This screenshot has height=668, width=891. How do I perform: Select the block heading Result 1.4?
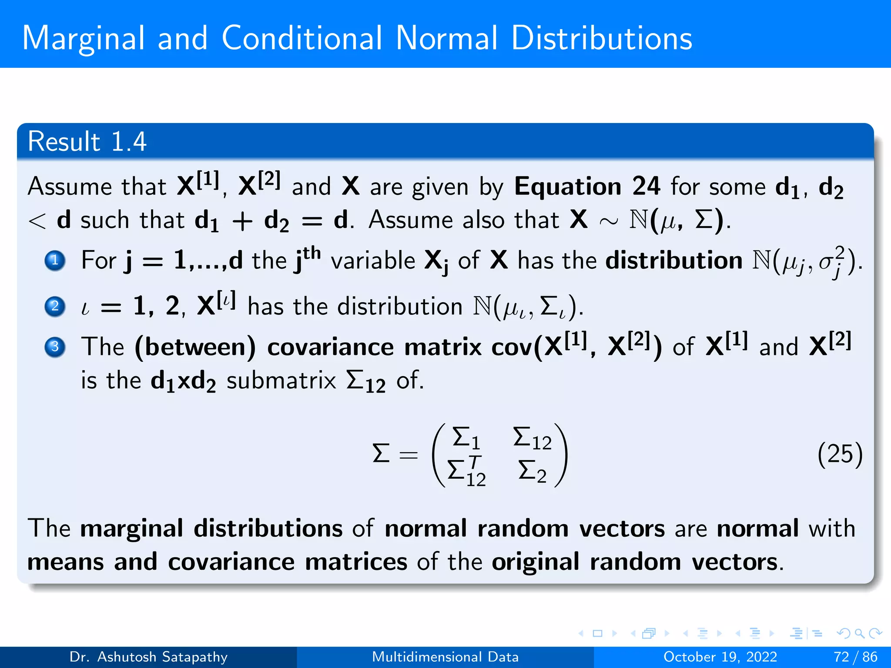click(x=87, y=141)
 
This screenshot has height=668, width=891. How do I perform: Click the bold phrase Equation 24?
click(x=587, y=187)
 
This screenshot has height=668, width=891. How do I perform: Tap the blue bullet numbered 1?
click(x=55, y=261)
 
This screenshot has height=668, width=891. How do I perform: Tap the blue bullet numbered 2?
click(x=55, y=306)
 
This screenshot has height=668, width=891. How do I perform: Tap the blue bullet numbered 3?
click(x=55, y=347)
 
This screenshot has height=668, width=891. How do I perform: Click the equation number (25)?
click(x=840, y=454)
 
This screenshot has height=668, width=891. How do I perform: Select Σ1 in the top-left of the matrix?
click(x=466, y=438)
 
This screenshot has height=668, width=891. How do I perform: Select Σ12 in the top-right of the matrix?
click(x=532, y=438)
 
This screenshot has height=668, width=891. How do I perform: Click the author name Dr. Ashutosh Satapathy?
click(x=148, y=657)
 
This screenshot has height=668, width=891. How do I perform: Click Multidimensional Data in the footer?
click(x=445, y=657)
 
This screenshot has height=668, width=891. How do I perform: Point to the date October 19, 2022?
click(x=720, y=657)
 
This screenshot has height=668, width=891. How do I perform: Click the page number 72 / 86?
click(x=855, y=657)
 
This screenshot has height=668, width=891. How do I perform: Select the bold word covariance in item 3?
click(x=330, y=347)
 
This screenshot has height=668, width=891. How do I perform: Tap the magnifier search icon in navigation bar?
click(x=859, y=633)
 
